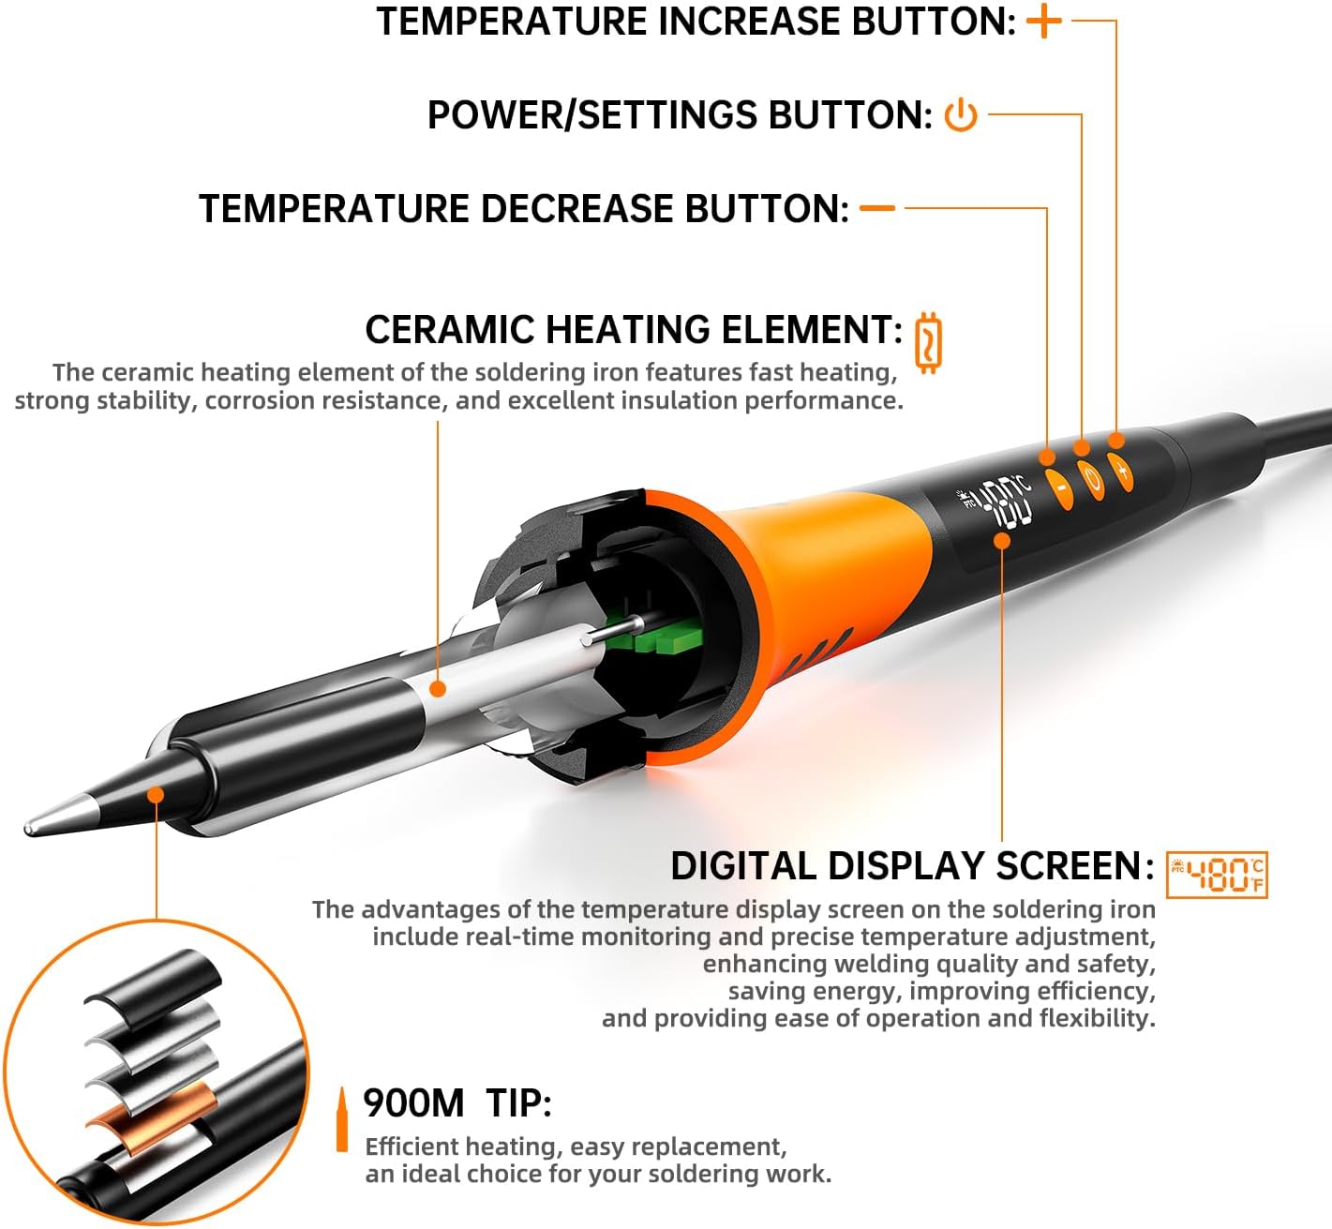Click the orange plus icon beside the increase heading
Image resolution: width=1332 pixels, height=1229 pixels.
pyautogui.click(x=1043, y=21)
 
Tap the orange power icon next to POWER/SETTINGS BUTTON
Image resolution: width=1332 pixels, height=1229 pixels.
pyautogui.click(x=961, y=114)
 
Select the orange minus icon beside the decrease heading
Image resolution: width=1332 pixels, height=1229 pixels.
pyautogui.click(x=877, y=208)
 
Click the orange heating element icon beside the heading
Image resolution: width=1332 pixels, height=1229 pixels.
pyautogui.click(x=928, y=343)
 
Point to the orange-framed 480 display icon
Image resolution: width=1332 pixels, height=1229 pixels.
pyautogui.click(x=1217, y=875)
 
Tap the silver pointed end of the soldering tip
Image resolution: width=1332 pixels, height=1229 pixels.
pyautogui.click(x=60, y=817)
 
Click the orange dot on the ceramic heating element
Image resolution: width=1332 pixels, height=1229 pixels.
pyautogui.click(x=438, y=688)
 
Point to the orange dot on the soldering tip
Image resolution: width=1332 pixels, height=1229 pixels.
pyautogui.click(x=156, y=795)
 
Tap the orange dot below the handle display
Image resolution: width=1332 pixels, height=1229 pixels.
pyautogui.click(x=1002, y=541)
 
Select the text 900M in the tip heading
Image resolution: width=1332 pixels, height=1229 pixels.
pyautogui.click(x=413, y=1102)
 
